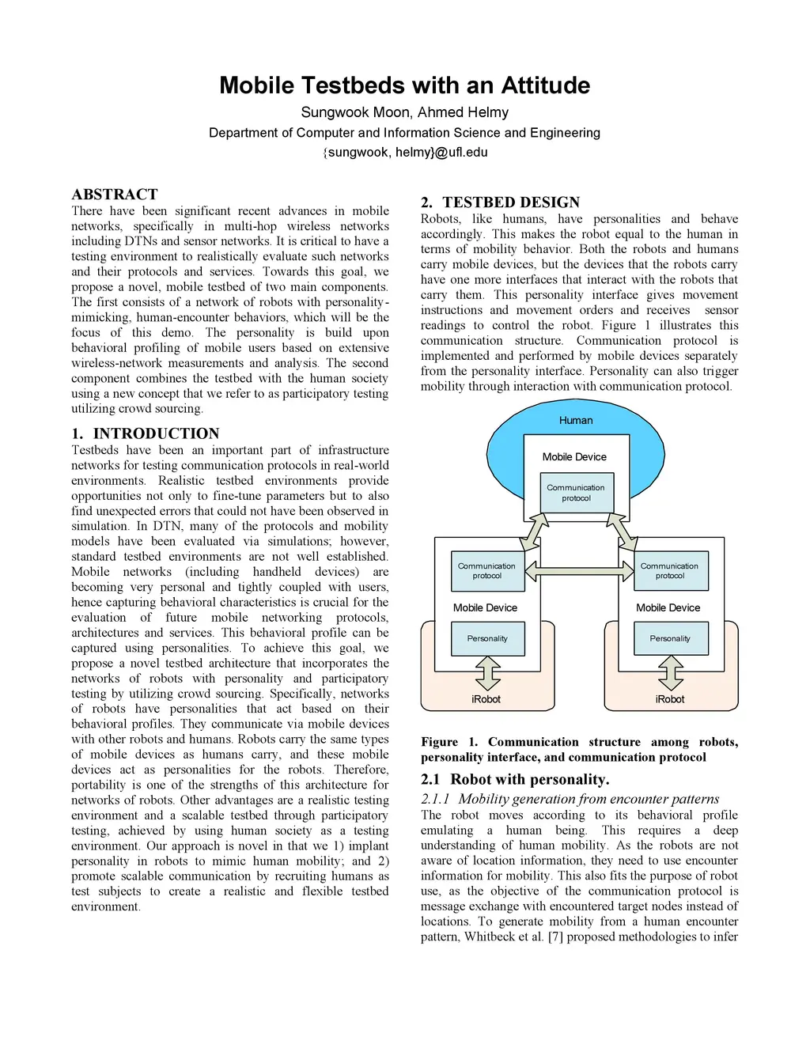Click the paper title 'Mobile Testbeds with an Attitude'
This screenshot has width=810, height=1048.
click(404, 85)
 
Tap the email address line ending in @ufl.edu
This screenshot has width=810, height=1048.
click(405, 152)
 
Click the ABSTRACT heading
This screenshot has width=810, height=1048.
click(115, 195)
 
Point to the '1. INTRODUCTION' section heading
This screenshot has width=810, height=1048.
click(146, 433)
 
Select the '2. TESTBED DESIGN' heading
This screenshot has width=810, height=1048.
click(501, 202)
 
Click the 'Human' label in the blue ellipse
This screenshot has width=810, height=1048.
click(576, 421)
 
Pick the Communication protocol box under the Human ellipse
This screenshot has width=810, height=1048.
click(576, 493)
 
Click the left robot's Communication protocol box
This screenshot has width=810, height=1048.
click(487, 571)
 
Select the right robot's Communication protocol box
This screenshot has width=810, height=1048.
click(670, 571)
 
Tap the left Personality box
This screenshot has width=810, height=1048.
click(487, 638)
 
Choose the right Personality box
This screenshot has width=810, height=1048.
click(670, 638)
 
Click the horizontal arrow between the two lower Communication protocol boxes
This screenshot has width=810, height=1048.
click(580, 570)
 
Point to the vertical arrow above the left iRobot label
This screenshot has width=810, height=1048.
click(487, 673)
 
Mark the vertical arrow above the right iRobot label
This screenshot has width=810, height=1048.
click(671, 673)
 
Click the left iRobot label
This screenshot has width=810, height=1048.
click(486, 699)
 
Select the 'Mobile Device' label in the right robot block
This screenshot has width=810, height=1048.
click(668, 607)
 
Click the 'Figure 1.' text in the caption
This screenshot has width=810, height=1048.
click(449, 742)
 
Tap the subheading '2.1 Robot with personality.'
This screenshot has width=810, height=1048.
click(515, 779)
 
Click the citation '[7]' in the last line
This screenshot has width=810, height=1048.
click(555, 936)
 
